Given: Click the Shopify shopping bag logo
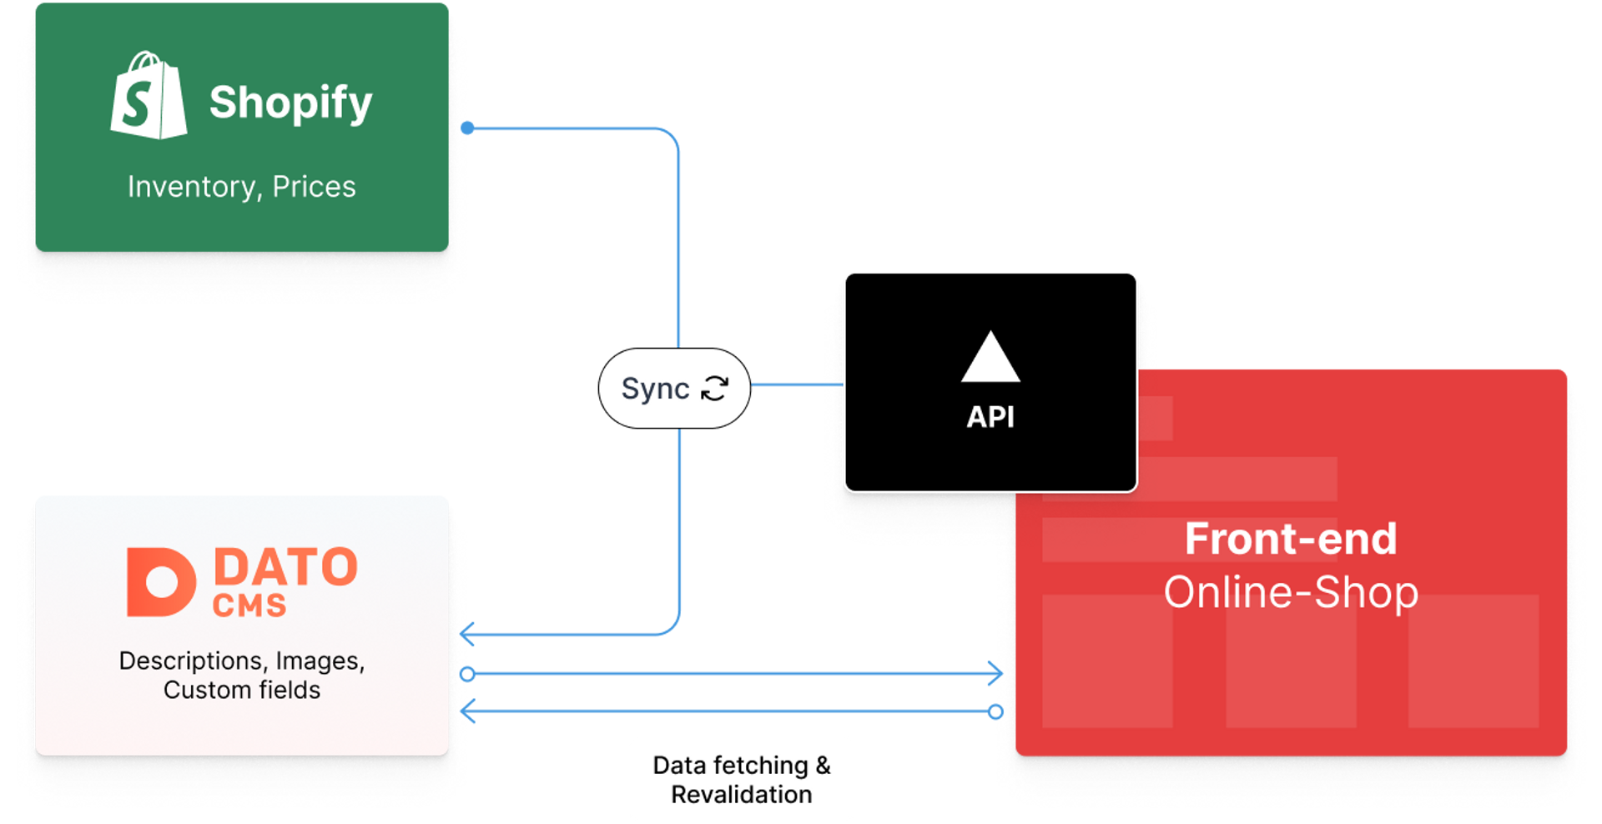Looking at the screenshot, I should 149,96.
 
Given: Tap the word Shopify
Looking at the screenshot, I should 290,103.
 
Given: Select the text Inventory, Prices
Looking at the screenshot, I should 241,187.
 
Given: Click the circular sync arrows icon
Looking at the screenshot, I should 715,388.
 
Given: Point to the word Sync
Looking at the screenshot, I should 655,389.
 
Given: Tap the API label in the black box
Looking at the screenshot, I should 990,417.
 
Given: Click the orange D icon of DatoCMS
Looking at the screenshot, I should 160,582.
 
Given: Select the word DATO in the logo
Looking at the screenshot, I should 285,568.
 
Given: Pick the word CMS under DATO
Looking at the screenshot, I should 249,605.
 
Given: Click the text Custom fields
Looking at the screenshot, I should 241,691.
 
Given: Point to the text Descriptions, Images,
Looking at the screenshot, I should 241,661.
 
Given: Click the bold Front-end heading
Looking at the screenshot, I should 1290,539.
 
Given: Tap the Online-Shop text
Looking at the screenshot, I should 1290,593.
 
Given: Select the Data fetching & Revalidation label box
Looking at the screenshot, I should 741,780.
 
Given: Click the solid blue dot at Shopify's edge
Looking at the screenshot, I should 468,128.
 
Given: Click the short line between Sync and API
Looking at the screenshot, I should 796,385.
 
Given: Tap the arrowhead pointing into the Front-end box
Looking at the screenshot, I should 995,673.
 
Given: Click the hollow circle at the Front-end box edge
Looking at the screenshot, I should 995,711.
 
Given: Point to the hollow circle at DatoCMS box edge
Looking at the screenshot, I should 468,673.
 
